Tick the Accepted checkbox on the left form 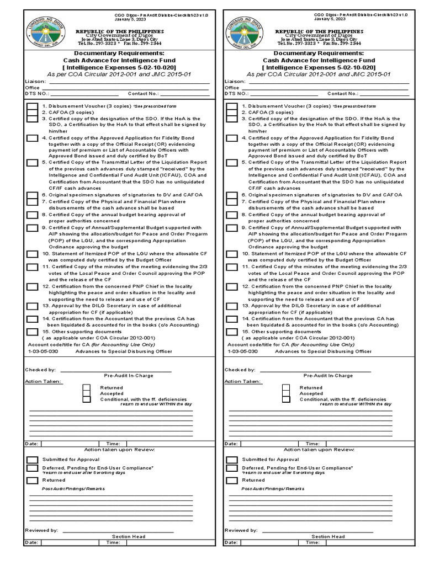86,393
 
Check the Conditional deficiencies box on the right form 286,400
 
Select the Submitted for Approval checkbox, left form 33,460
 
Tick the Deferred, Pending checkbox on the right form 232,469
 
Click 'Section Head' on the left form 128,536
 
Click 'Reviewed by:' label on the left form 42,530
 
